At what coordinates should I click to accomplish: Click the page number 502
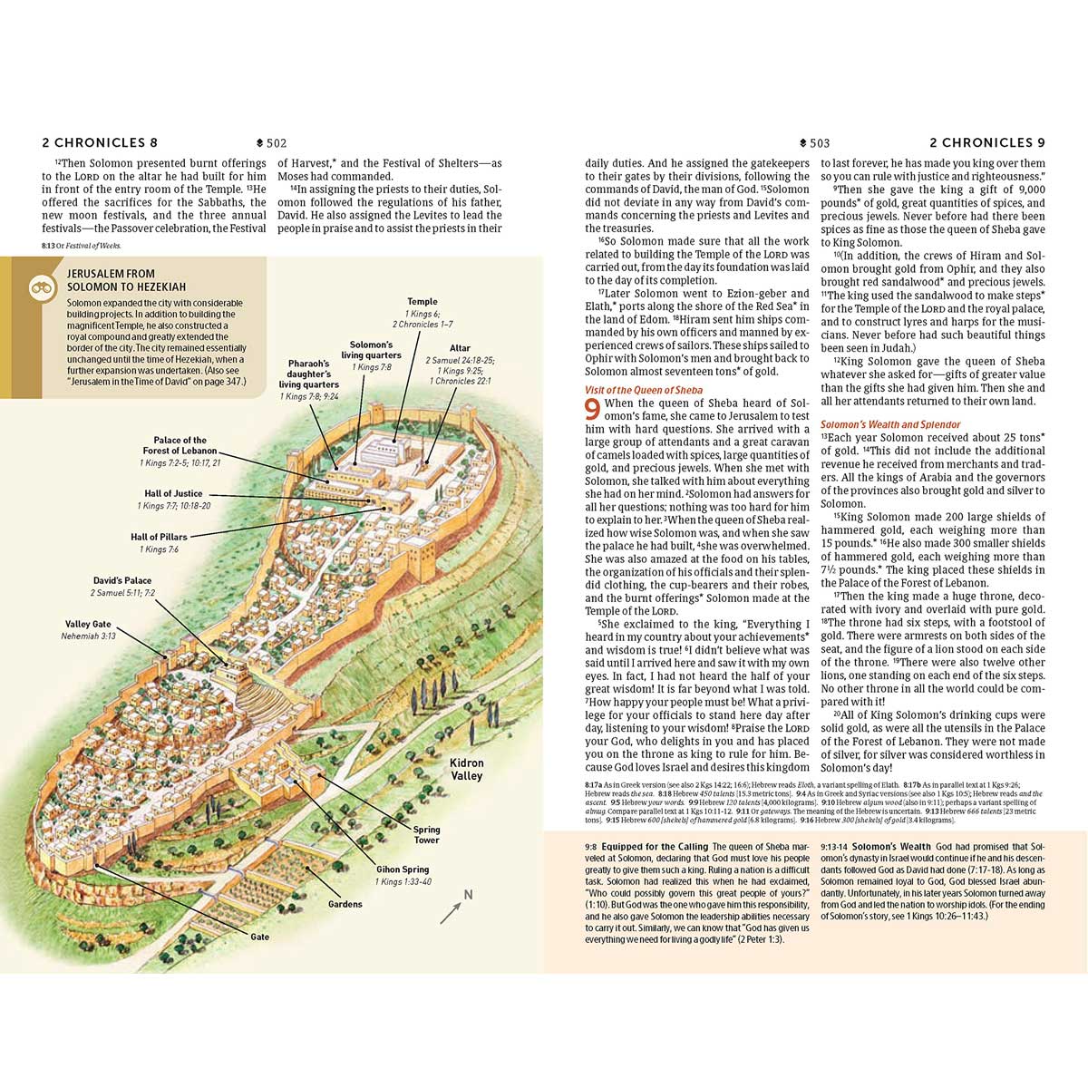coord(277,143)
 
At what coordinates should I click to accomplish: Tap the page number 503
coord(819,143)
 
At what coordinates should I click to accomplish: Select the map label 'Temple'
coord(423,302)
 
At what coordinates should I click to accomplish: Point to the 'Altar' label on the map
coord(460,348)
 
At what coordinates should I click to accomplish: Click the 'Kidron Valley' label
coord(467,769)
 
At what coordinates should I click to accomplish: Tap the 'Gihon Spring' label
coord(403,869)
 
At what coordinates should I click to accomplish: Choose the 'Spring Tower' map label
coord(426,834)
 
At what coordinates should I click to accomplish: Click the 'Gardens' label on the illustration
coord(345,904)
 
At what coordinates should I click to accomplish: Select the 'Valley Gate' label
coord(88,625)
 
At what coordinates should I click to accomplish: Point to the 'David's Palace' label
coord(122,581)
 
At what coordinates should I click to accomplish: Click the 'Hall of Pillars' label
coord(159,538)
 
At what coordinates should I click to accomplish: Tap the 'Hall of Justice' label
coord(173,494)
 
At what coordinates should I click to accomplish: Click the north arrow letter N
coord(468,896)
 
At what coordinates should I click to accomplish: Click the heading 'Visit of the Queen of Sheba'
coord(643,391)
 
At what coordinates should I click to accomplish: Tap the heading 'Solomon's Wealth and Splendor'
coord(890,424)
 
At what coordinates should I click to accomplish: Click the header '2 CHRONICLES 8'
coord(100,143)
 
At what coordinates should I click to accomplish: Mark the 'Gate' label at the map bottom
coord(260,937)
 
